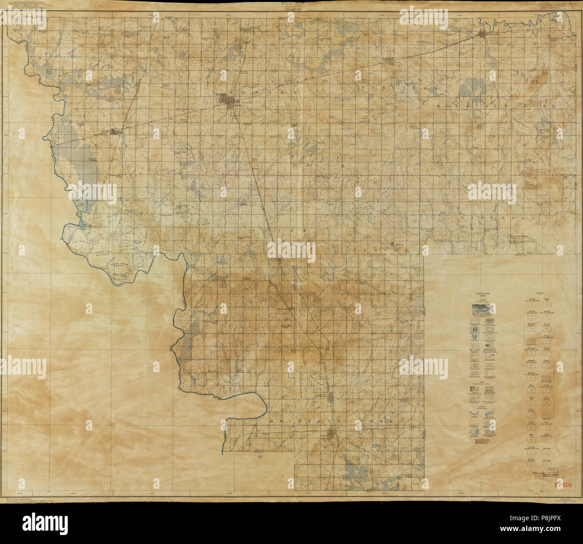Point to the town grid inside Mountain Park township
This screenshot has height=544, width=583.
[x=332, y=432]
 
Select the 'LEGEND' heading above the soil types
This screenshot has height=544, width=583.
[x=535, y=294]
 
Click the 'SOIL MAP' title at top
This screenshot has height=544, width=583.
[x=291, y=3]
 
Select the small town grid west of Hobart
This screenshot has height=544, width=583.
[x=116, y=132]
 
